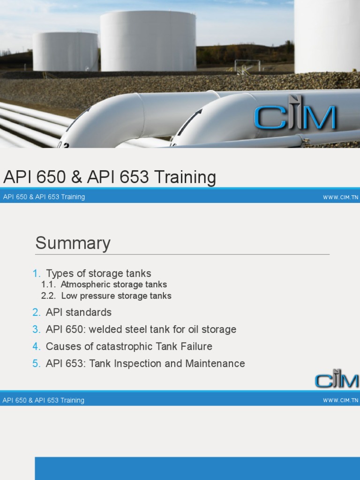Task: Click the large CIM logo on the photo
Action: point(295,117)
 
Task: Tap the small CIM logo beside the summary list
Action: point(337,378)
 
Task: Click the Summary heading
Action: point(73,243)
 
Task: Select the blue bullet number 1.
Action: point(37,273)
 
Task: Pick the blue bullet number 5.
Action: point(37,363)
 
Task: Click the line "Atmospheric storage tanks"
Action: point(113,285)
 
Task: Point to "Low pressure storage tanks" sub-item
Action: point(116,296)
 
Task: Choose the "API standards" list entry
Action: point(78,312)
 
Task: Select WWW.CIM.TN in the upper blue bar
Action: point(340,197)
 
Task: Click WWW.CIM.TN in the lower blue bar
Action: point(340,400)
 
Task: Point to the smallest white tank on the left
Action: point(65,52)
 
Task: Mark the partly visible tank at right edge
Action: point(327,35)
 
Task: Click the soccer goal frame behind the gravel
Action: point(243,65)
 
